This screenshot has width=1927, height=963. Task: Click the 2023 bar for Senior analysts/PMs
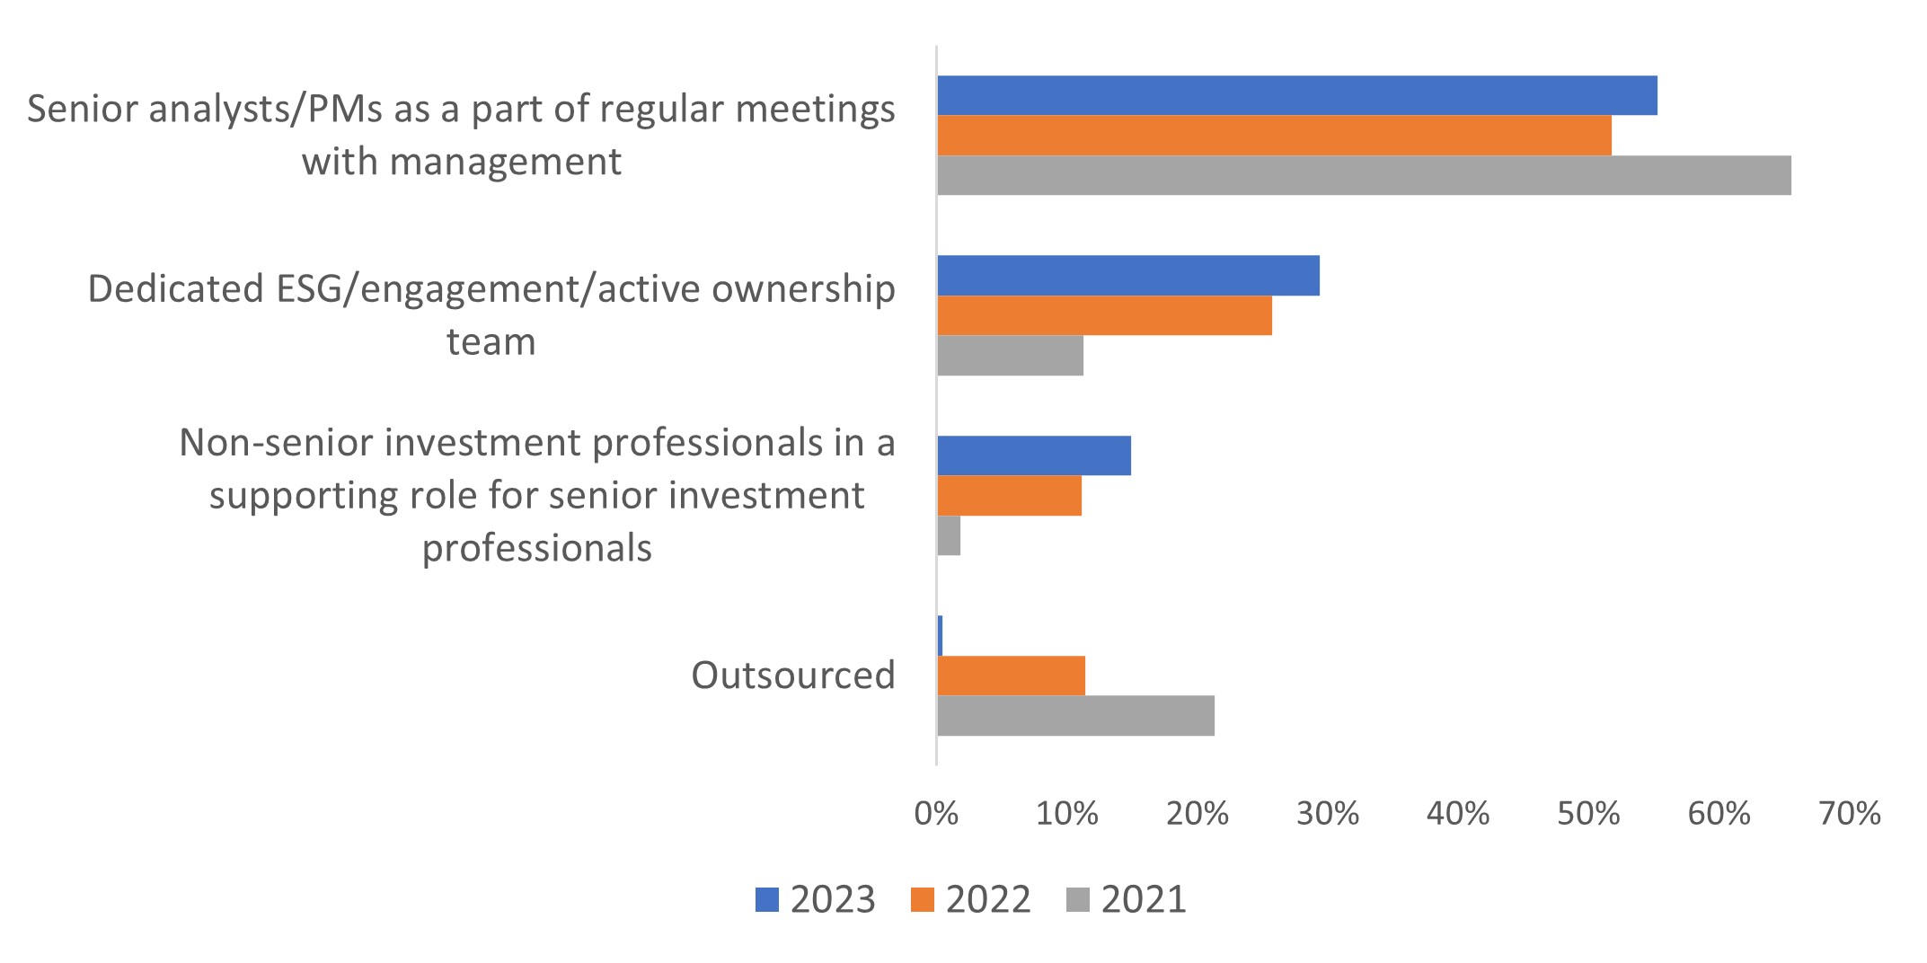(1296, 95)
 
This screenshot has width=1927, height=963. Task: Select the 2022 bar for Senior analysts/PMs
(1274, 136)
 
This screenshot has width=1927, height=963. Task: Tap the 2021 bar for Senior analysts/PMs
(1364, 175)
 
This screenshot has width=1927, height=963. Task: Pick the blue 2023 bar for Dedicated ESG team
(1128, 276)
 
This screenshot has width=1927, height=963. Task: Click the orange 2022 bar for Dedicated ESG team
(1104, 315)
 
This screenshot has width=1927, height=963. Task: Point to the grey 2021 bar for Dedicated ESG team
(1010, 356)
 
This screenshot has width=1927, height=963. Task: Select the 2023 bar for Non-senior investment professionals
(1034, 455)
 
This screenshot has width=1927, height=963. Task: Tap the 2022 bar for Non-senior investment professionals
(1009, 496)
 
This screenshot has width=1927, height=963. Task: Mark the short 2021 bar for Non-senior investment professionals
(949, 535)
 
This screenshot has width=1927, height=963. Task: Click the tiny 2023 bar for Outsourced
(940, 636)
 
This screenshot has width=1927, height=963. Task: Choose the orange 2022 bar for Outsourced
(1011, 676)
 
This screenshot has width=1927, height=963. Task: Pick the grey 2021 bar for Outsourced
(1075, 716)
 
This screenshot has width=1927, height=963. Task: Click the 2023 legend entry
(816, 899)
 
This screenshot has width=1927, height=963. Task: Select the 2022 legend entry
(971, 899)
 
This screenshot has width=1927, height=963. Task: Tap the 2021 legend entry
(1127, 899)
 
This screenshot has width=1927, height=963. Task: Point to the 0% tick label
(936, 814)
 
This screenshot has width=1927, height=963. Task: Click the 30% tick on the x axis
(1327, 814)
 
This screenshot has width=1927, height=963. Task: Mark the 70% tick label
(1849, 814)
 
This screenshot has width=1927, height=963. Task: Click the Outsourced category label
(792, 676)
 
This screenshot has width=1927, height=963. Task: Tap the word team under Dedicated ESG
(491, 342)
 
